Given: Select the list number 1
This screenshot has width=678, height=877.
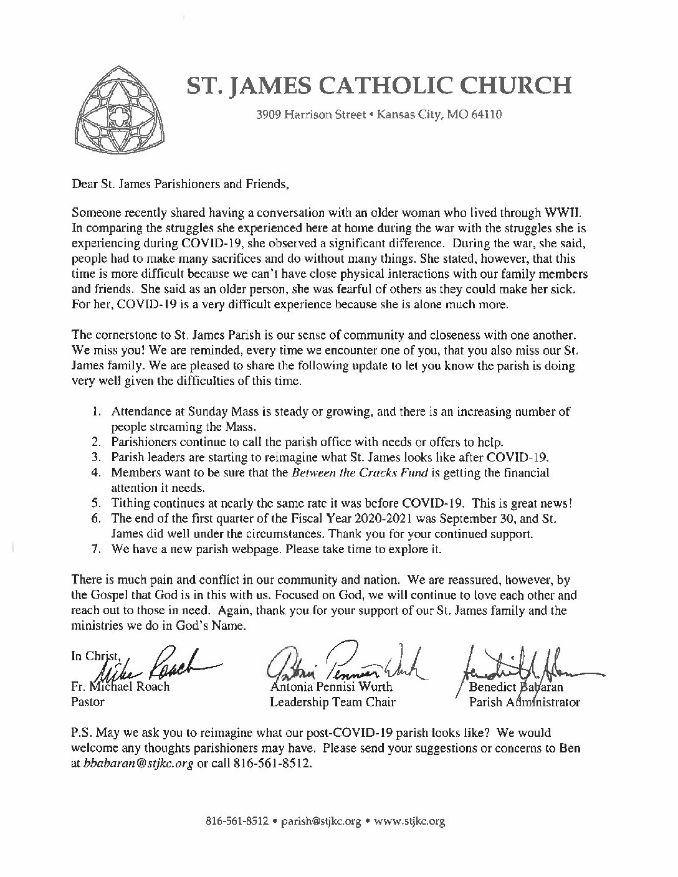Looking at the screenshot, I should click(x=97, y=412).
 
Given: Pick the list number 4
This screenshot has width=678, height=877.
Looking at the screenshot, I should click(x=97, y=473).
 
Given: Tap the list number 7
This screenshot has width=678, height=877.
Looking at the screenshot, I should click(x=97, y=549).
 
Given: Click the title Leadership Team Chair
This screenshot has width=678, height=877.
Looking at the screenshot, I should click(x=333, y=702).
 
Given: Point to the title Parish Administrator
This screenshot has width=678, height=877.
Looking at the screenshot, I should click(x=524, y=702).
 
